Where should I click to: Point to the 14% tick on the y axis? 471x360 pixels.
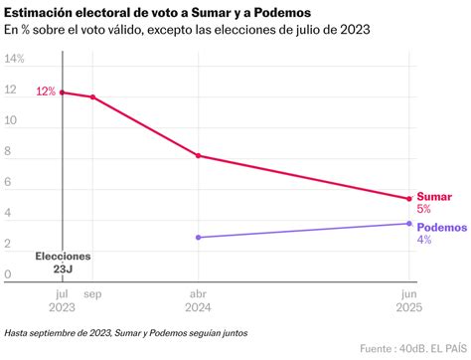15,60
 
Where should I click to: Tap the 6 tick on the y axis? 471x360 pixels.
9,183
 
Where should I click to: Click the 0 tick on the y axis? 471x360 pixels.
9,274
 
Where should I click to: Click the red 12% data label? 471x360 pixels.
46,91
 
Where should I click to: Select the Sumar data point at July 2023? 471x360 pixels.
63,91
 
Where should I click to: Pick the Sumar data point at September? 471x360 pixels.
92,97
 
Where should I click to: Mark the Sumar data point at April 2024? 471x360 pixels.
199,156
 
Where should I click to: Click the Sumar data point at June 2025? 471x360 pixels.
408,198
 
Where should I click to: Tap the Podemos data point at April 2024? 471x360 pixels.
199,238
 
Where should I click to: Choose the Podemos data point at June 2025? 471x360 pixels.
408,224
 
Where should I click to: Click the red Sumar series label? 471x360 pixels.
433,197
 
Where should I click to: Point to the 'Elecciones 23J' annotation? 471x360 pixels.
63,262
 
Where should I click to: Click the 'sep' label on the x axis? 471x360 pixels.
92,294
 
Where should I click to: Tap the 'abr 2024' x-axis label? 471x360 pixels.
199,301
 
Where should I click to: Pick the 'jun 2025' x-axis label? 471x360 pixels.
408,301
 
